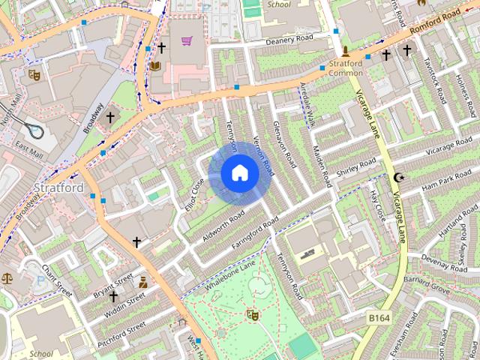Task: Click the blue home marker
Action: (x=240, y=173)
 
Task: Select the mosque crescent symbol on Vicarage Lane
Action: (x=398, y=178)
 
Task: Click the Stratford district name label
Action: (x=58, y=187)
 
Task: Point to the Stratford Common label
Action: (x=346, y=68)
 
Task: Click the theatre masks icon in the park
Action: (x=252, y=315)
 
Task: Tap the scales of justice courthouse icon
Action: (x=7, y=277)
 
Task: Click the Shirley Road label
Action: (x=356, y=169)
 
